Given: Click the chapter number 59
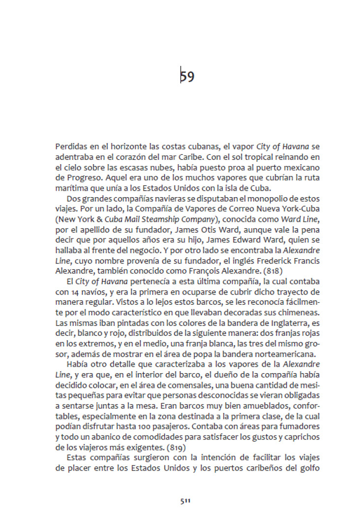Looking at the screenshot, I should tap(187, 77).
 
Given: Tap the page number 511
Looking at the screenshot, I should tap(185, 501).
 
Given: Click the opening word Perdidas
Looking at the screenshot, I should tap(70, 147).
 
